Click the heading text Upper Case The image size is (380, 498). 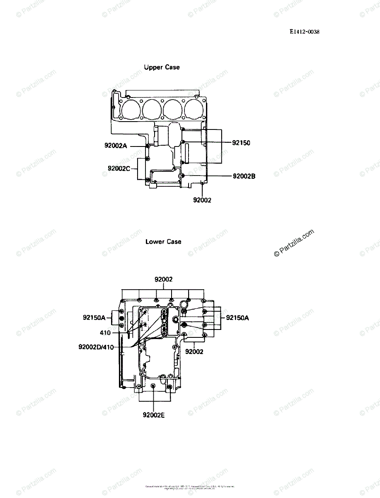[x=162, y=67]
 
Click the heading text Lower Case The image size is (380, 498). [x=163, y=242]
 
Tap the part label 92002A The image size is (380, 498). [x=116, y=146]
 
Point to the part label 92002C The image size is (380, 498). [x=119, y=168]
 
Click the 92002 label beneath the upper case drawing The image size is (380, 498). [x=202, y=200]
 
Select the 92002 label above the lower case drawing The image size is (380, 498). [x=164, y=280]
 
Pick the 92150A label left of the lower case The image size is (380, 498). [x=94, y=318]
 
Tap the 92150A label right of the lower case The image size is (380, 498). [x=237, y=318]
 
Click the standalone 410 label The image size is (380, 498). [x=105, y=333]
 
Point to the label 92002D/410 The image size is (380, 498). [x=96, y=347]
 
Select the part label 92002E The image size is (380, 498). [x=154, y=415]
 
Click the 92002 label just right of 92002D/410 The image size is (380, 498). [x=194, y=352]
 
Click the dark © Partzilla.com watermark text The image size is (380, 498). [x=294, y=243]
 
